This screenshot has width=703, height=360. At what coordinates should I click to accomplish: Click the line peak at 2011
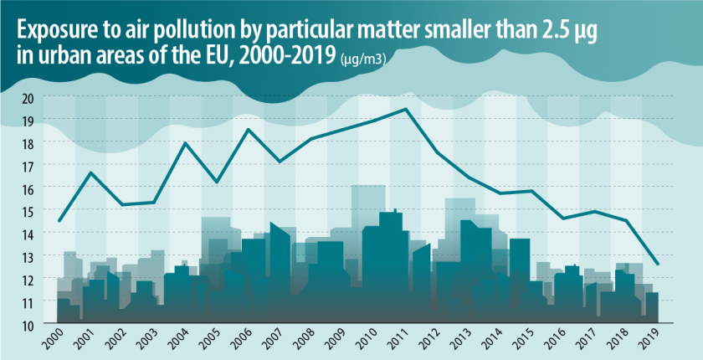pos(406,109)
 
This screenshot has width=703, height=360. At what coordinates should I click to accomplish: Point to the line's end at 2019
pos(659,265)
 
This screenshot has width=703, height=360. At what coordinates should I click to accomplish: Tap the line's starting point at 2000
pos(59,221)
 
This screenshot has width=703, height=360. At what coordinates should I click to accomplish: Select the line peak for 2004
pos(185,143)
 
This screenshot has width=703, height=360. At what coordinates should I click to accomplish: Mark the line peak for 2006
pos(248,129)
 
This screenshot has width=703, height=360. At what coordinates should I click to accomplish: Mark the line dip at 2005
pos(217,182)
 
